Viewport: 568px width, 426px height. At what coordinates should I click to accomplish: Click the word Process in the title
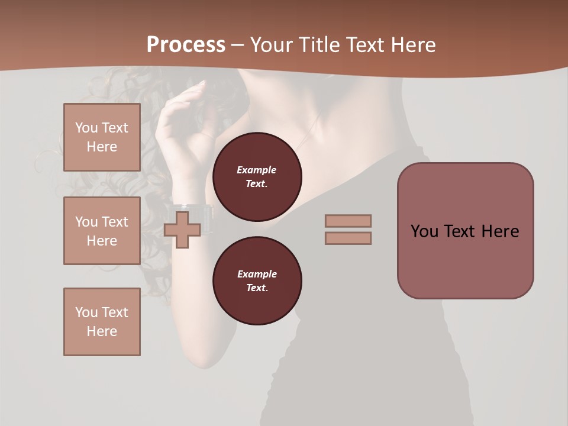(x=186, y=45)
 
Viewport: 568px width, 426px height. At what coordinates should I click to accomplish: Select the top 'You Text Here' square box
(x=102, y=137)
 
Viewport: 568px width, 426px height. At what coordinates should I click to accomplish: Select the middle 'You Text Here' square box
(x=102, y=231)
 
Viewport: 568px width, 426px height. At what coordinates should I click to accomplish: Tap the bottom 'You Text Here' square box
(x=102, y=321)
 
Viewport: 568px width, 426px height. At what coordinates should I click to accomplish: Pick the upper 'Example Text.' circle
(x=257, y=176)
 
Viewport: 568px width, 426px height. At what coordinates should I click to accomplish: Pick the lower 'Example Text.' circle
(x=257, y=280)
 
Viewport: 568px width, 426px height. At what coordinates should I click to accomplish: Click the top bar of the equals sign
(x=348, y=221)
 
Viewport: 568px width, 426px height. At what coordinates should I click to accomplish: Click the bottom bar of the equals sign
(x=348, y=238)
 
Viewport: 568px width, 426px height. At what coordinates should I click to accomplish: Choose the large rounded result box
(x=465, y=231)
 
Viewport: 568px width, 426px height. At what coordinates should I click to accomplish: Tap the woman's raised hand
(x=177, y=118)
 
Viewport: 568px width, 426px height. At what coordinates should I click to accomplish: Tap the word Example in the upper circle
(x=257, y=170)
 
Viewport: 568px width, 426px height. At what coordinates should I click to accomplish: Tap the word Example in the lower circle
(x=257, y=274)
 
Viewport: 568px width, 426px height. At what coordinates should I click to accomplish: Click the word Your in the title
(x=270, y=45)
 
